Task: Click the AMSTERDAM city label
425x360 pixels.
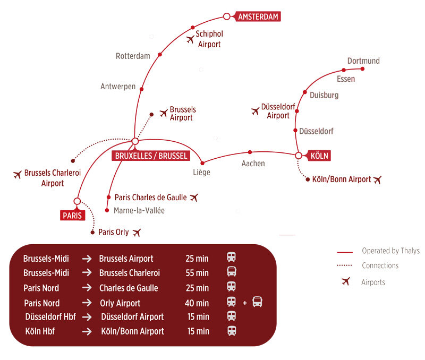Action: tap(258, 16)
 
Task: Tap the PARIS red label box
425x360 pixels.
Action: tap(72, 215)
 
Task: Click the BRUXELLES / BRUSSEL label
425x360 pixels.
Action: tap(151, 156)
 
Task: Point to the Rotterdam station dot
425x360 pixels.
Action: tap(160, 55)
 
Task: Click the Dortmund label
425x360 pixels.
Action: tap(363, 61)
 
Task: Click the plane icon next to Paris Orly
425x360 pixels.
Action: tap(138, 232)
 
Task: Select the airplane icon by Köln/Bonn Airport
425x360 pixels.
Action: tap(377, 179)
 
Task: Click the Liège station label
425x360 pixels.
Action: tap(201, 172)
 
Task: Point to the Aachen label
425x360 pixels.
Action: tap(253, 164)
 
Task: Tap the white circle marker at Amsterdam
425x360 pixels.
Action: tap(227, 16)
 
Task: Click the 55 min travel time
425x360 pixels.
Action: tap(197, 273)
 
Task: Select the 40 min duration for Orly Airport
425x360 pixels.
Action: tap(197, 303)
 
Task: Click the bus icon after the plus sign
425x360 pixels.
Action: tap(258, 303)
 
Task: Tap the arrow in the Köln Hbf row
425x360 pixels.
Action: tap(86, 331)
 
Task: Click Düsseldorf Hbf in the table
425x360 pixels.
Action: tap(50, 317)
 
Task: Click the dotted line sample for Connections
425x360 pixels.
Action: tap(345, 266)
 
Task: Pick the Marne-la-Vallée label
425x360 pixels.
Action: tap(139, 211)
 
